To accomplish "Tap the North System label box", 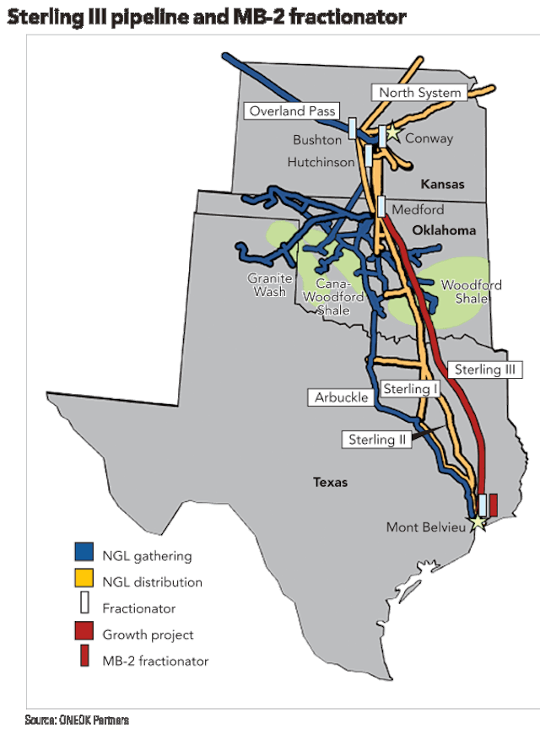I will click(x=418, y=93).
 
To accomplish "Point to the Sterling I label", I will click(x=411, y=389).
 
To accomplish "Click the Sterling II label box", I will click(x=377, y=439).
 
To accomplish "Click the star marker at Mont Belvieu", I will click(x=478, y=523).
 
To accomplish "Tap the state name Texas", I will click(x=331, y=483).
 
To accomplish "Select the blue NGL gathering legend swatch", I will click(x=83, y=553).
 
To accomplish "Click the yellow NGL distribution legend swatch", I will click(x=83, y=580).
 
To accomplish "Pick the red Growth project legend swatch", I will click(x=83, y=633).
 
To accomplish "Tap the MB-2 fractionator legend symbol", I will click(x=83, y=659).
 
